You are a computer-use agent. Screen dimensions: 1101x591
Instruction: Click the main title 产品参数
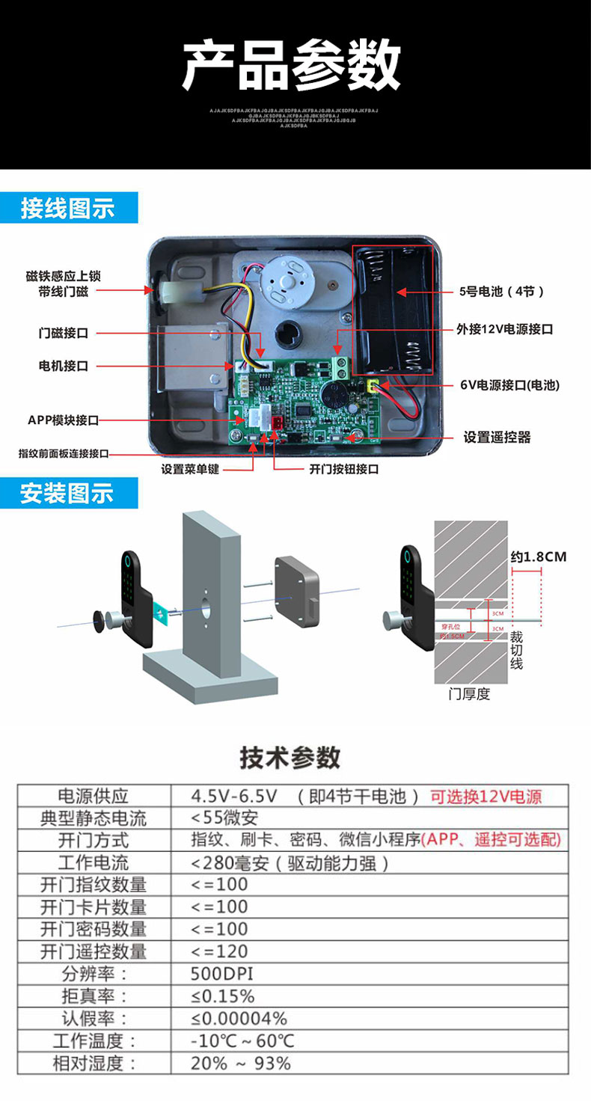(x=292, y=66)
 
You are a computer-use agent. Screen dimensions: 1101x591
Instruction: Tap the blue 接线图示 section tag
(x=68, y=208)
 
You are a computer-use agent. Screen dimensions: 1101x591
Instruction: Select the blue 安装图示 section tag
(x=68, y=494)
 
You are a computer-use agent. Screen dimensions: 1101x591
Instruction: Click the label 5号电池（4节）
(x=501, y=292)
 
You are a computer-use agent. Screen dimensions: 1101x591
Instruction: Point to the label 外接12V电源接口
(x=506, y=329)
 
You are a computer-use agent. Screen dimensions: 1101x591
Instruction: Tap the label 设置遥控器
(x=497, y=438)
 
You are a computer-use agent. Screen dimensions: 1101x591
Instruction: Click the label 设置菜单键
(x=192, y=470)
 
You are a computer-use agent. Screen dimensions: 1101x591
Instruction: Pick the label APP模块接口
(x=63, y=421)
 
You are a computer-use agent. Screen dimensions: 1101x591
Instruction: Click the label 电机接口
(x=64, y=366)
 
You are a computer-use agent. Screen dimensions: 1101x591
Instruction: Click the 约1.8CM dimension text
(x=538, y=556)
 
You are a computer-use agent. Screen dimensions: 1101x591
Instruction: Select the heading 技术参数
(x=290, y=757)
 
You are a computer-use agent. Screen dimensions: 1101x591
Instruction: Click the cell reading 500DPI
(x=222, y=974)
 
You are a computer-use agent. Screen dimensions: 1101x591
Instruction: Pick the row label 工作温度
(x=94, y=1040)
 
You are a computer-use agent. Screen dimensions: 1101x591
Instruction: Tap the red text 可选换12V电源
(x=486, y=796)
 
